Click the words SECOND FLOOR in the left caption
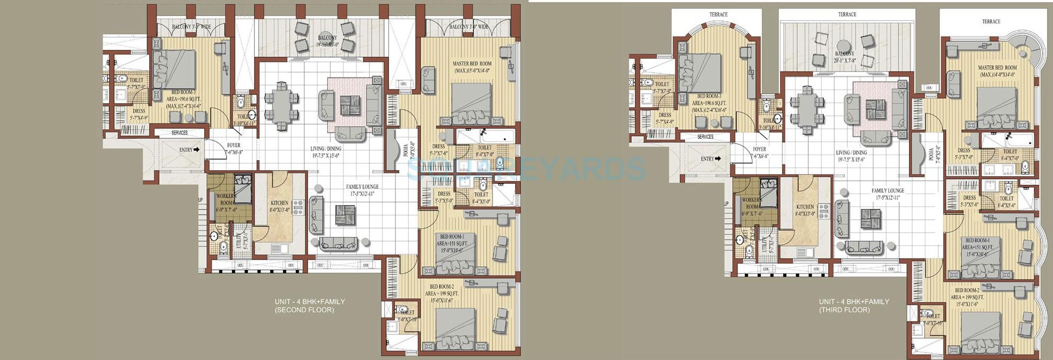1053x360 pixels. [x=305, y=310]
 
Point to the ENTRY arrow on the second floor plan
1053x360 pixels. [x=196, y=150]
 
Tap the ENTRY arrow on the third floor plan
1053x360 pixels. [x=718, y=159]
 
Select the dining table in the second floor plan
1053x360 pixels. [x=282, y=107]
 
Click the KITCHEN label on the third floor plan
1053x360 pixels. [x=805, y=207]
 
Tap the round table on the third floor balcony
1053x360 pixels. [x=843, y=45]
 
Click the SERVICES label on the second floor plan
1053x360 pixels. [x=180, y=133]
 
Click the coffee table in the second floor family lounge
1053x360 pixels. [x=345, y=215]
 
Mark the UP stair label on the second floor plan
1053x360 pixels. [x=200, y=200]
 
